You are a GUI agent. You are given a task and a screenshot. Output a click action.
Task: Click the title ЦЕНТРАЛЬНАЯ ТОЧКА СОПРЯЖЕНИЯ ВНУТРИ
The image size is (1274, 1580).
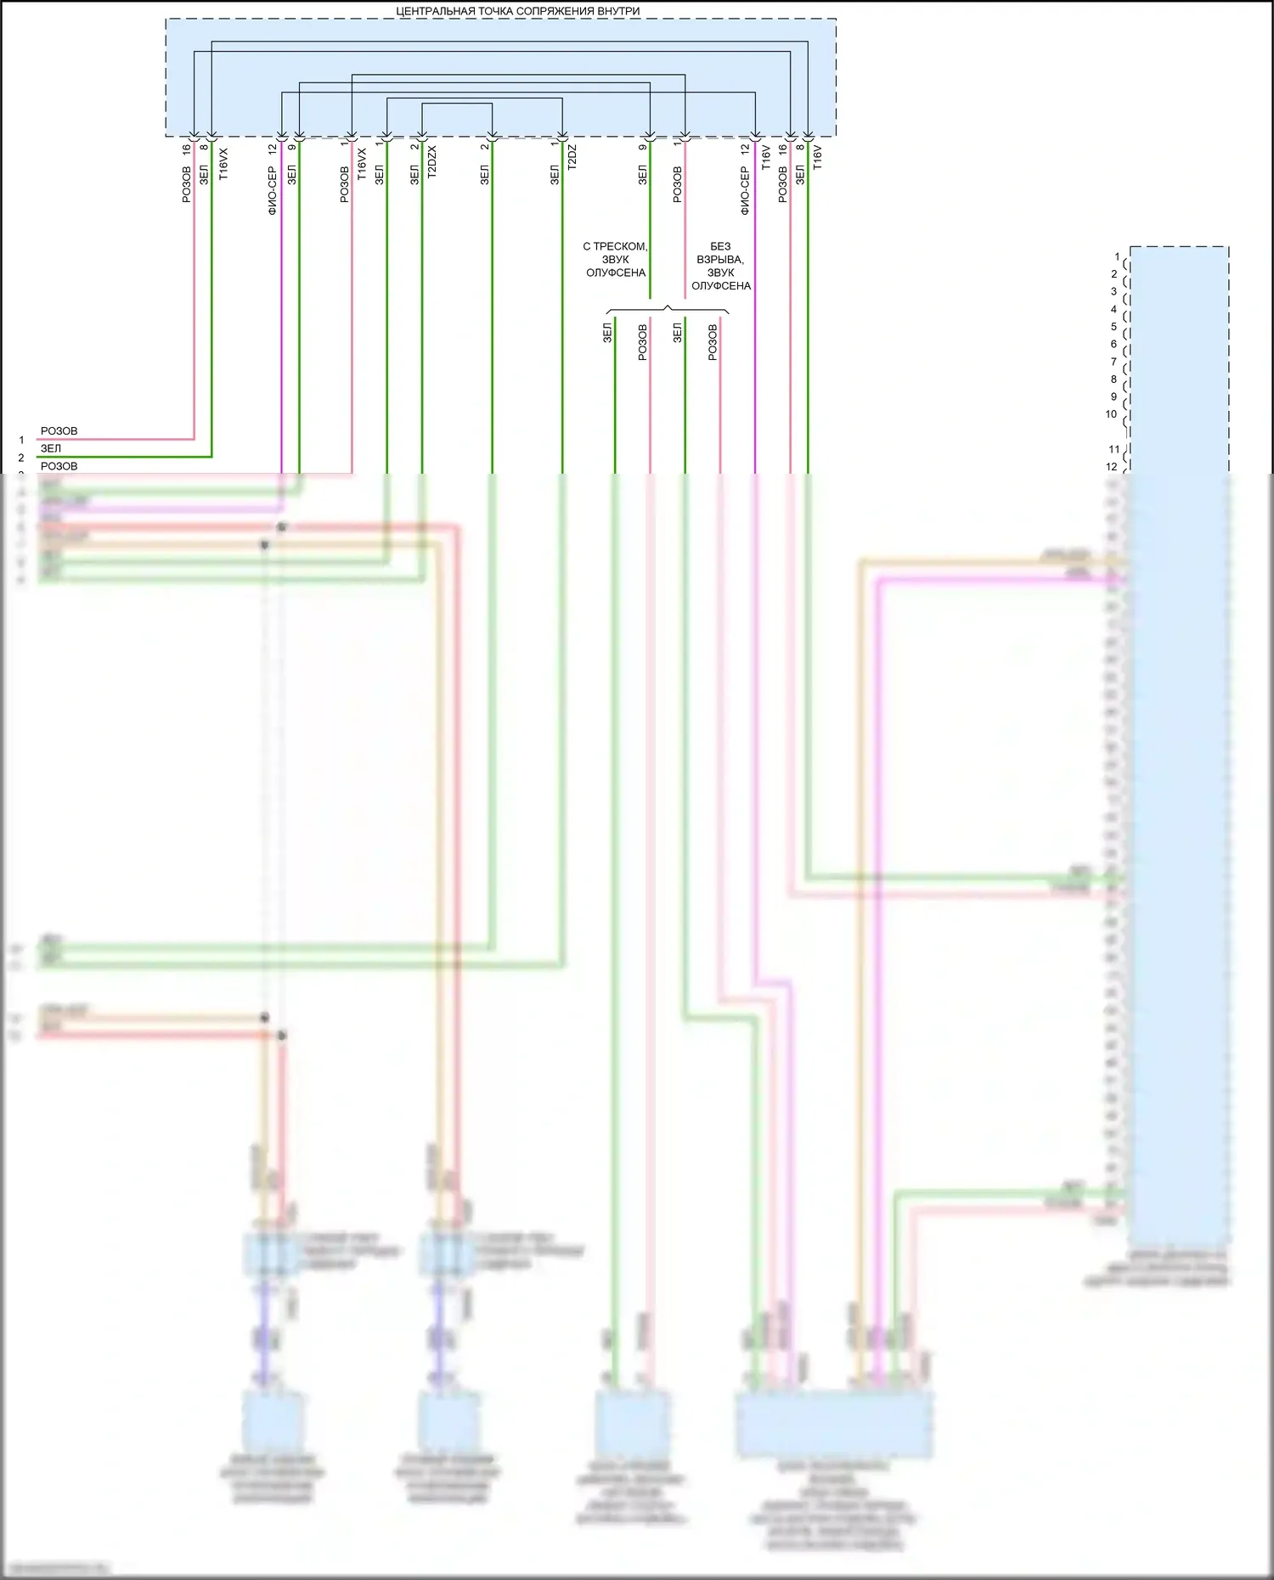click(518, 11)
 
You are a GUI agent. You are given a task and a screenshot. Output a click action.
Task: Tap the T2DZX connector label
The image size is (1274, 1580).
click(431, 161)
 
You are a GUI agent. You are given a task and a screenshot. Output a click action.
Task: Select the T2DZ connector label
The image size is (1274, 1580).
click(572, 157)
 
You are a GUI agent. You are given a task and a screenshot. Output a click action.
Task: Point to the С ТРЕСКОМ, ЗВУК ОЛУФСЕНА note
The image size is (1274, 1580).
click(615, 260)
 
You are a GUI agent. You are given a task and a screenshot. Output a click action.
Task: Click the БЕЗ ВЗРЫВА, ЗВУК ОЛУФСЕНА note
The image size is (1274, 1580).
click(720, 266)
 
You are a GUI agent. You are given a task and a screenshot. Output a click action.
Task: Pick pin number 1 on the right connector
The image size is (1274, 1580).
click(1117, 256)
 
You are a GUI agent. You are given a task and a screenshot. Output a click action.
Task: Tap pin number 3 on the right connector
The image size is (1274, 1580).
click(1114, 291)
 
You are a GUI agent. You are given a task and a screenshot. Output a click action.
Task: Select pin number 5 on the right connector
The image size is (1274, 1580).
click(1114, 327)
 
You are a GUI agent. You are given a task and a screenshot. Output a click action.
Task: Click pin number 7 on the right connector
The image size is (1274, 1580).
click(1114, 362)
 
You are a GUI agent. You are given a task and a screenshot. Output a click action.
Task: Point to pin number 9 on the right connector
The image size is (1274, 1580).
click(1114, 396)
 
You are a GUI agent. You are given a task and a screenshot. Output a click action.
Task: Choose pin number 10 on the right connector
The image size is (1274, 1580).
click(1111, 414)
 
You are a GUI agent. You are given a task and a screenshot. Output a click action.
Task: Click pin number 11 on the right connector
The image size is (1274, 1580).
click(1114, 449)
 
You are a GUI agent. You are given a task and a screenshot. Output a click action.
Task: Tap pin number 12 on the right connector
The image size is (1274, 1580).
click(1111, 466)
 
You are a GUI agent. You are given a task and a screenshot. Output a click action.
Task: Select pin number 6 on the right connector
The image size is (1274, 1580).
click(1114, 344)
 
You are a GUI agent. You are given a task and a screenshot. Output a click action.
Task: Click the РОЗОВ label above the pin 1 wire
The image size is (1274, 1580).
click(59, 431)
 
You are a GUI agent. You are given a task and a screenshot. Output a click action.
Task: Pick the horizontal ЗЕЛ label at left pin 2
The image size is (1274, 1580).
click(51, 448)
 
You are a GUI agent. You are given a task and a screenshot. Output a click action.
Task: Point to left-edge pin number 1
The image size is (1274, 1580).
click(22, 440)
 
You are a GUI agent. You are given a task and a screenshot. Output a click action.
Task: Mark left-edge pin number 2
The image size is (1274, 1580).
click(21, 458)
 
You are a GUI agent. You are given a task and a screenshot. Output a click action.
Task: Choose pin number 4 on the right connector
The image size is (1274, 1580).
click(1114, 309)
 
